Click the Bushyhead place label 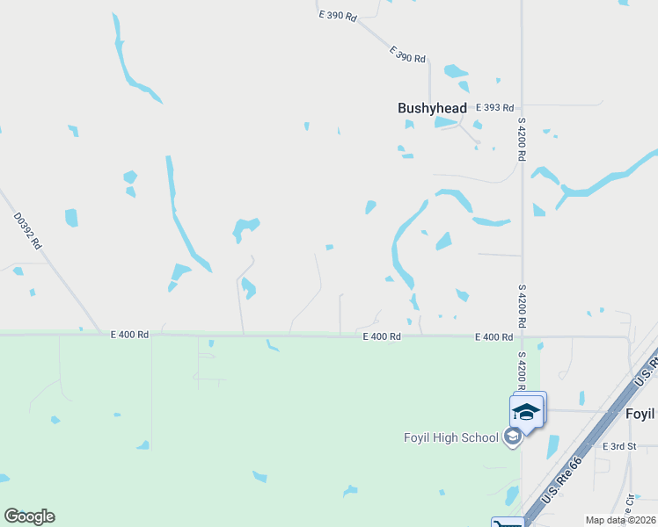(x=432, y=108)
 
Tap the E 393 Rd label (x=493, y=107)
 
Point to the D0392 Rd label (x=27, y=232)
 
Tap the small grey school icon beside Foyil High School (x=512, y=437)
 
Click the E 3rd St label (x=619, y=446)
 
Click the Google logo (x=29, y=516)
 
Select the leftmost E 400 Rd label (x=130, y=335)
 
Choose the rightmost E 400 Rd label (x=493, y=337)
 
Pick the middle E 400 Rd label (x=382, y=336)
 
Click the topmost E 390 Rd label (x=338, y=17)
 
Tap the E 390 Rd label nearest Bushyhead (x=407, y=54)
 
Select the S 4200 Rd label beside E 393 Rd (x=522, y=139)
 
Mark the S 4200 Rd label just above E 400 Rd (x=522, y=305)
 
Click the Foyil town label (x=640, y=414)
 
